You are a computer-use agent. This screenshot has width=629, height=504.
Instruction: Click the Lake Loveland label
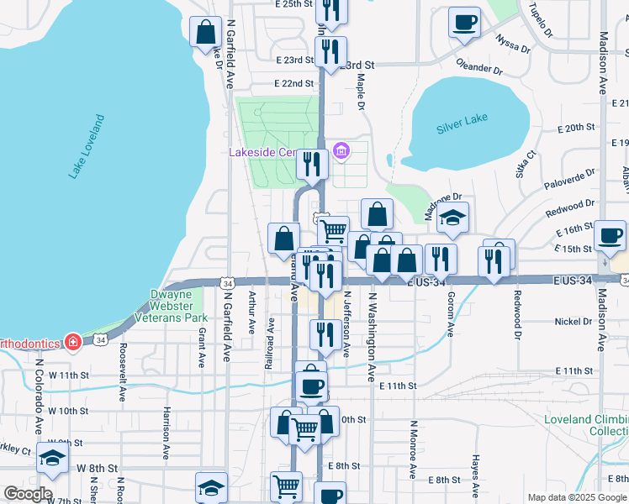click(x=87, y=147)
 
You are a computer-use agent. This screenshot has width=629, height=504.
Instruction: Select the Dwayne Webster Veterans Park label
click(x=178, y=307)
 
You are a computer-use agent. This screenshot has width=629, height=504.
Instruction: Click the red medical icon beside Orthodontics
click(x=73, y=343)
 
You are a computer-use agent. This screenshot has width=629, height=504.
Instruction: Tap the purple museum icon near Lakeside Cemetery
click(x=341, y=152)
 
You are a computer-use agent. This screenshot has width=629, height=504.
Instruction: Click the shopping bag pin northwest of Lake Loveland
click(x=206, y=34)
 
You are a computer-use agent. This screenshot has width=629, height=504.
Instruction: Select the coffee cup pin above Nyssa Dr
click(x=463, y=23)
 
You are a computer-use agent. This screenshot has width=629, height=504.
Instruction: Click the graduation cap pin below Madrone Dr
click(x=452, y=218)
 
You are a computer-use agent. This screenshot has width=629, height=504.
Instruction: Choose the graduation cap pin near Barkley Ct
click(x=53, y=458)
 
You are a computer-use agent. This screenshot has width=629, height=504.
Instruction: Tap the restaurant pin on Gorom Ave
click(x=441, y=259)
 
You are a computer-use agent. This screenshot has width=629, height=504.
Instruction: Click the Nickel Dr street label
click(x=574, y=322)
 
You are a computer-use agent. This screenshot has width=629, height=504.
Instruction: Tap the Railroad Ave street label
click(x=269, y=343)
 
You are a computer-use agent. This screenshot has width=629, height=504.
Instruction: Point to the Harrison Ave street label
click(x=167, y=427)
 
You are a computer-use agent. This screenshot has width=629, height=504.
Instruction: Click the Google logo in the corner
click(x=28, y=494)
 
